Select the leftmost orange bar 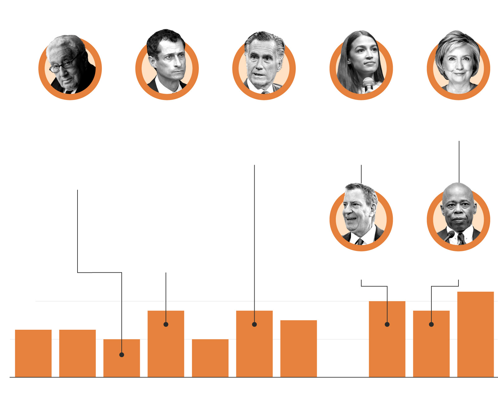[33, 353]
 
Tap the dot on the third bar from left [122, 355]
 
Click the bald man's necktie [461, 239]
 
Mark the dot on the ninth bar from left [431, 324]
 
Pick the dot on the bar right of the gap [387, 324]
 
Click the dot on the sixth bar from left [254, 324]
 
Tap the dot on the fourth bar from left [166, 324]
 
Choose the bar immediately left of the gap [298, 348]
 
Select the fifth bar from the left [210, 358]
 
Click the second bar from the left [78, 353]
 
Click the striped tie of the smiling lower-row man [360, 241]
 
